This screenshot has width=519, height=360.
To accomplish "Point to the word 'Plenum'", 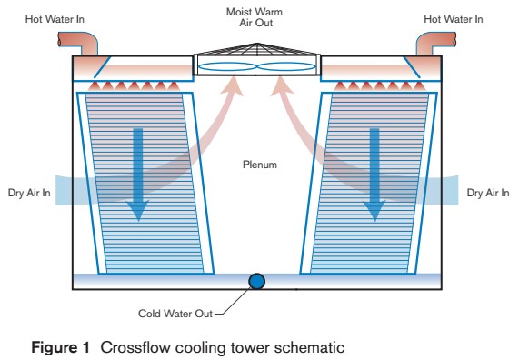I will (x=258, y=165).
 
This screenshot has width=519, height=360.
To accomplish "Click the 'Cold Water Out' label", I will (x=175, y=314).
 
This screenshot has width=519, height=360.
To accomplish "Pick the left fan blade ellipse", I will (x=227, y=66).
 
